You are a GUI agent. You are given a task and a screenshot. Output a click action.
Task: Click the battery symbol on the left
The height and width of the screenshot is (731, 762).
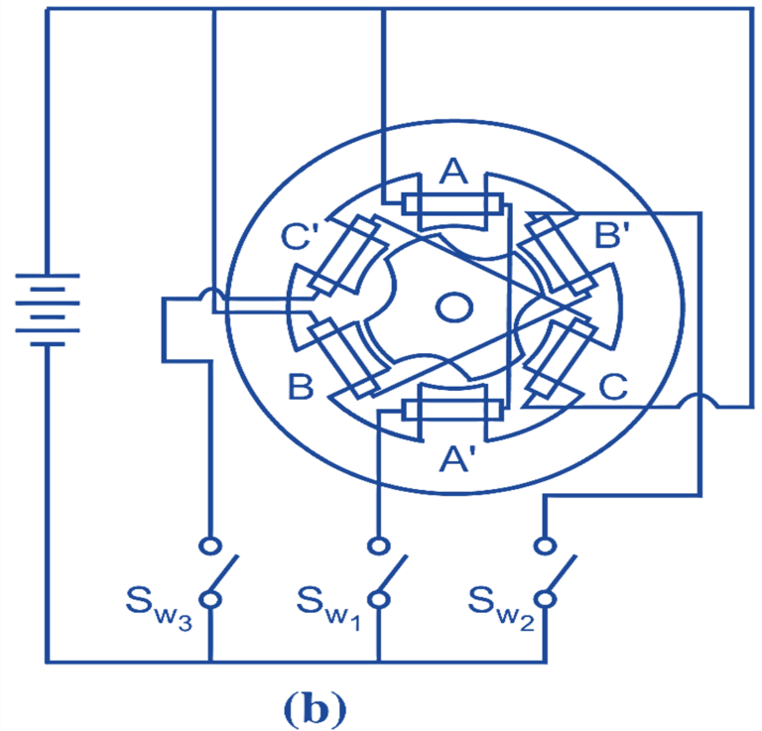(x=43, y=308)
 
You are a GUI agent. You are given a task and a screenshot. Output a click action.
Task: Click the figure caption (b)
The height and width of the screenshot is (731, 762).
(x=315, y=707)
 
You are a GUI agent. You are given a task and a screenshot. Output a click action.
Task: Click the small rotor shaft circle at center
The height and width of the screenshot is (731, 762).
(x=453, y=308)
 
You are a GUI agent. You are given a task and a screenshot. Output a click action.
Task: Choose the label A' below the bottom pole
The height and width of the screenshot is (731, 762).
(x=458, y=457)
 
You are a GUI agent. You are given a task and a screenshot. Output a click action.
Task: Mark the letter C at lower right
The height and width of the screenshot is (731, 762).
(x=613, y=388)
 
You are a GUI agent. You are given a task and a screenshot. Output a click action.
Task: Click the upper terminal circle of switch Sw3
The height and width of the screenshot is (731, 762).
(x=209, y=547)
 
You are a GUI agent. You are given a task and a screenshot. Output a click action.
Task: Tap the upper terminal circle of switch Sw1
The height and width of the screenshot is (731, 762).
(x=377, y=547)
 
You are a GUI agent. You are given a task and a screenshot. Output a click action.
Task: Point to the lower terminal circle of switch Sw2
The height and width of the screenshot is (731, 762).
(x=544, y=600)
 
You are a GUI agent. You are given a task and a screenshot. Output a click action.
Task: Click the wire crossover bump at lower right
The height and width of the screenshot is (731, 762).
(x=700, y=401)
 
